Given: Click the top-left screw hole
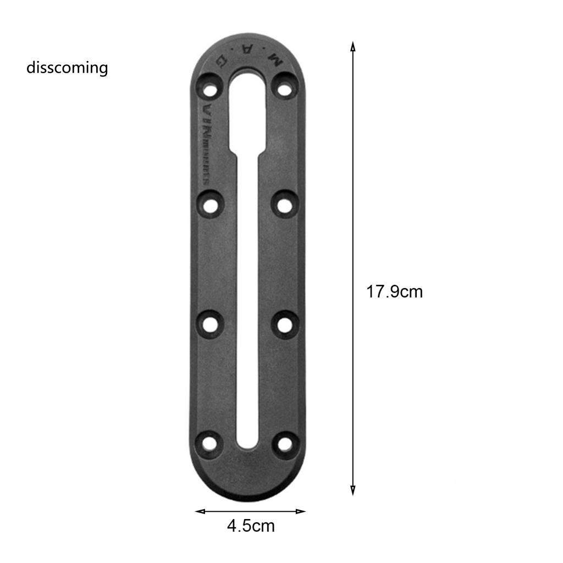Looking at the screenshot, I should pos(209,88).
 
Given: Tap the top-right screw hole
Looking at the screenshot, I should pos(284,88).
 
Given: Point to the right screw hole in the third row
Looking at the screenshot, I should pos(284,324).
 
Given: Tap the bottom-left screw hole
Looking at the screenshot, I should pos(209,443).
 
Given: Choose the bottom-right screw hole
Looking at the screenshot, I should pos(284,443).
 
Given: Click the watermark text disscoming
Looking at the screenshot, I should pos(67,68).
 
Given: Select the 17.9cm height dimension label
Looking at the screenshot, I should pos(394,291).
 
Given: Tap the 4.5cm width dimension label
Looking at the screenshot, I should pos(251,526).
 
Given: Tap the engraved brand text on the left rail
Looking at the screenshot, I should pos(208,140).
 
